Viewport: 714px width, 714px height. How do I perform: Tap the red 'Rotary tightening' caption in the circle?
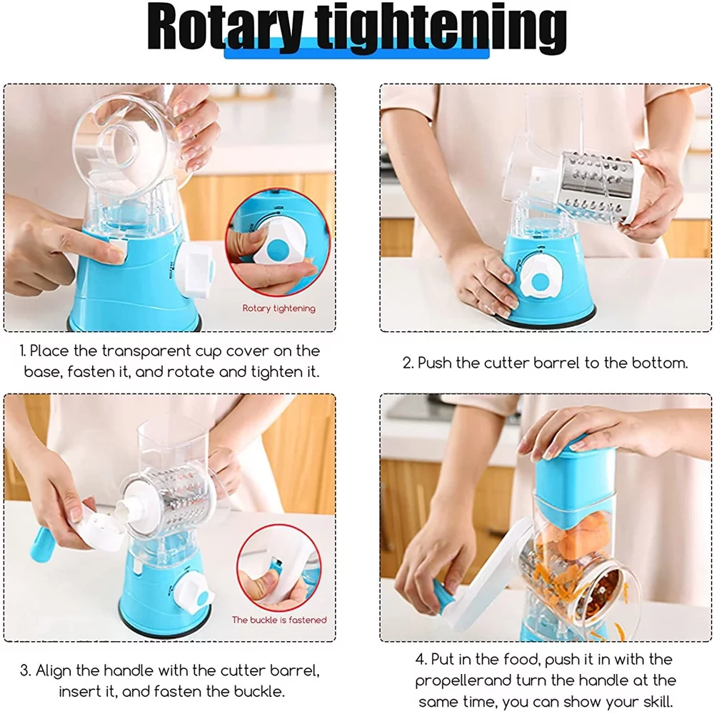pos(278,308)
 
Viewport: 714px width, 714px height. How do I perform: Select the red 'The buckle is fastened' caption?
pos(278,620)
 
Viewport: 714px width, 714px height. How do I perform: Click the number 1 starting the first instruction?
pos(22,351)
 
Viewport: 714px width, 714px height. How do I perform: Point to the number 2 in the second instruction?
pos(407,363)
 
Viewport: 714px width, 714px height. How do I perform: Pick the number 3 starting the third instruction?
pos(24,671)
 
